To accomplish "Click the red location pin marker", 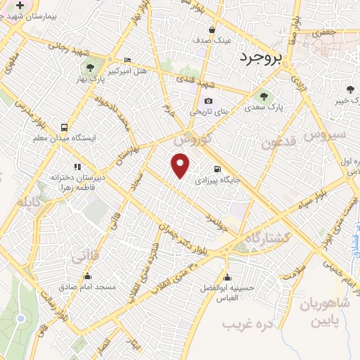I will (181, 166).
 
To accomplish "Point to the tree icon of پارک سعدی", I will (264, 97).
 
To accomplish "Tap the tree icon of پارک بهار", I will (89, 68).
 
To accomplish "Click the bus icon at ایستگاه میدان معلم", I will (65, 127).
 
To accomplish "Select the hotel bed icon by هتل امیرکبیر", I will (127, 60).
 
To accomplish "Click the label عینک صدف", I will (212, 40).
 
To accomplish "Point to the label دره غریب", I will (247, 326).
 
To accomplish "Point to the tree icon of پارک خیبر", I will (349, 89).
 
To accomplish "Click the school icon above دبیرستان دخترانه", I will (77, 167).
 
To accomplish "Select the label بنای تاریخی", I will (208, 112).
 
